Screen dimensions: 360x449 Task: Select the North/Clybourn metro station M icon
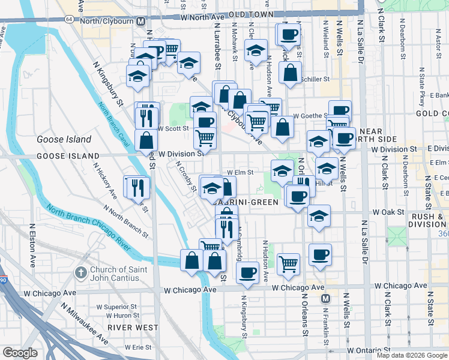(140, 20)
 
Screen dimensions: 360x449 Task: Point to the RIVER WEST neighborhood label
(133, 328)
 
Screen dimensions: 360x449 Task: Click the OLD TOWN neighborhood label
(267, 14)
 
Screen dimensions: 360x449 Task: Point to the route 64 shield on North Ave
(70, 19)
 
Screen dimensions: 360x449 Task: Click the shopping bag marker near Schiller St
(290, 74)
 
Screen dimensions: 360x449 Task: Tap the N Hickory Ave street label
(108, 186)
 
